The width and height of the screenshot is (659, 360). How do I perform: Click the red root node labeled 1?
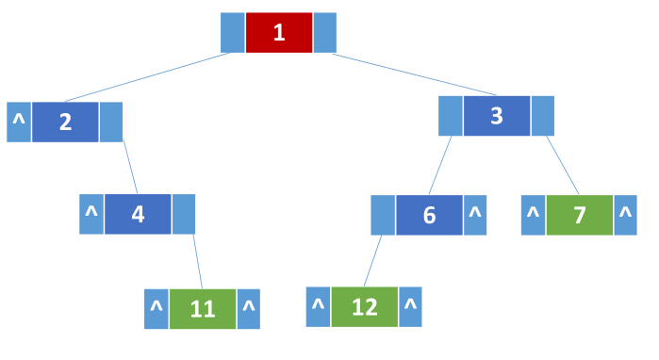click(x=278, y=33)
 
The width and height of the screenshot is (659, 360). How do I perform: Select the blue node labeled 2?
click(x=65, y=123)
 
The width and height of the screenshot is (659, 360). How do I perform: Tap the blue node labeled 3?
click(x=496, y=117)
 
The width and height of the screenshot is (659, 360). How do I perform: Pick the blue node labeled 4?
click(x=138, y=214)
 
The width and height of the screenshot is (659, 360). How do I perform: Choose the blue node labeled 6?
click(x=429, y=215)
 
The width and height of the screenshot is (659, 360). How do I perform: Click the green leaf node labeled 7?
click(x=579, y=215)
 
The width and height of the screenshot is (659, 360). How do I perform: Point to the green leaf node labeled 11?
click(x=203, y=309)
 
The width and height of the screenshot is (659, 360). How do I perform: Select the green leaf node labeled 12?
click(x=364, y=306)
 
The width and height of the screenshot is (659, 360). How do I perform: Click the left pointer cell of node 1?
click(x=232, y=33)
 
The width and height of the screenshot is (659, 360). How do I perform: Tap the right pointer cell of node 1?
click(x=324, y=33)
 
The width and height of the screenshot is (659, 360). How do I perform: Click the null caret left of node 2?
click(x=19, y=123)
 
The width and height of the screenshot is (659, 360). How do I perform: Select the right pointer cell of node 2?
click(x=111, y=123)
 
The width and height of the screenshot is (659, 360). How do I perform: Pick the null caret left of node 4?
click(x=91, y=214)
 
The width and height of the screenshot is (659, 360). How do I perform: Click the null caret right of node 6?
click(x=475, y=215)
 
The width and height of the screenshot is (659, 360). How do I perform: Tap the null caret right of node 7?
click(x=625, y=215)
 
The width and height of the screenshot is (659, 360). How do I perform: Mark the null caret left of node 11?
click(x=157, y=309)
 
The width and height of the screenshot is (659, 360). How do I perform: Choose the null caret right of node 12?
click(x=411, y=306)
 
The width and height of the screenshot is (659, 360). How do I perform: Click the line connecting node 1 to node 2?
click(x=141, y=76)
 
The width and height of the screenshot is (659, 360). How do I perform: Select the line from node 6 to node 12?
click(x=373, y=260)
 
